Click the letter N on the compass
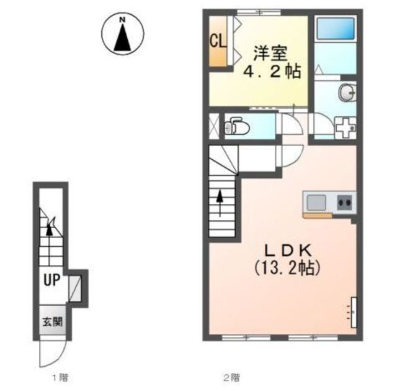(123, 19)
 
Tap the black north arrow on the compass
(123, 37)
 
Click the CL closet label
(218, 41)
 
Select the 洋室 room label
(270, 53)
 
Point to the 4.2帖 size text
(272, 71)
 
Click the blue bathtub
(336, 28)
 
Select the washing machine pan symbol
(346, 127)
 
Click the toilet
(237, 126)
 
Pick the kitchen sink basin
(316, 203)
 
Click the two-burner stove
(345, 203)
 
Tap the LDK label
(288, 251)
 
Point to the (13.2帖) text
(288, 268)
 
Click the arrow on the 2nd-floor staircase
(220, 203)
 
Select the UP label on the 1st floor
(52, 280)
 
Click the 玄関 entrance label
(52, 322)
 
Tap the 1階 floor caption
(60, 377)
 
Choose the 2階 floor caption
(231, 378)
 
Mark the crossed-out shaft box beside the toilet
(213, 126)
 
